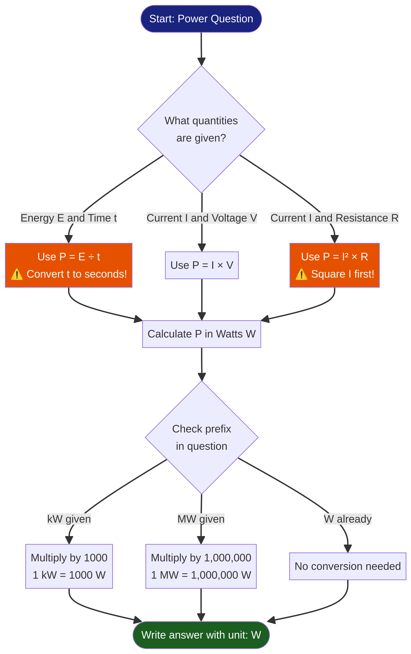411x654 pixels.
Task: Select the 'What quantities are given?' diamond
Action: click(201, 129)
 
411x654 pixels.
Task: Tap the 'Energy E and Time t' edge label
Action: click(69, 218)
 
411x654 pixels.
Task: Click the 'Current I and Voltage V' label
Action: click(202, 218)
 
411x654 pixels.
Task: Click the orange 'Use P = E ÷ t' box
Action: click(69, 265)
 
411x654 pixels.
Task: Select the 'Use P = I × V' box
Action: click(202, 265)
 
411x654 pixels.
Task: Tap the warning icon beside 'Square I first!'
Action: click(301, 274)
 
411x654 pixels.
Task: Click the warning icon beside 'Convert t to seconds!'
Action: click(17, 274)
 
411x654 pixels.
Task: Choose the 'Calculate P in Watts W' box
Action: click(202, 334)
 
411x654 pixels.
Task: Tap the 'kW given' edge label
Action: click(69, 519)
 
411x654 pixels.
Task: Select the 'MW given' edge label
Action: click(201, 519)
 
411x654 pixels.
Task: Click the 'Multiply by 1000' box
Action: click(69, 566)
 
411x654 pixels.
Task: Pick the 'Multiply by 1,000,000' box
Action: click(201, 566)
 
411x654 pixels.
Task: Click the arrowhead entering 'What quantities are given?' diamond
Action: click(202, 62)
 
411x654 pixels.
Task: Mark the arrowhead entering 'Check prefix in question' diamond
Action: click(202, 377)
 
